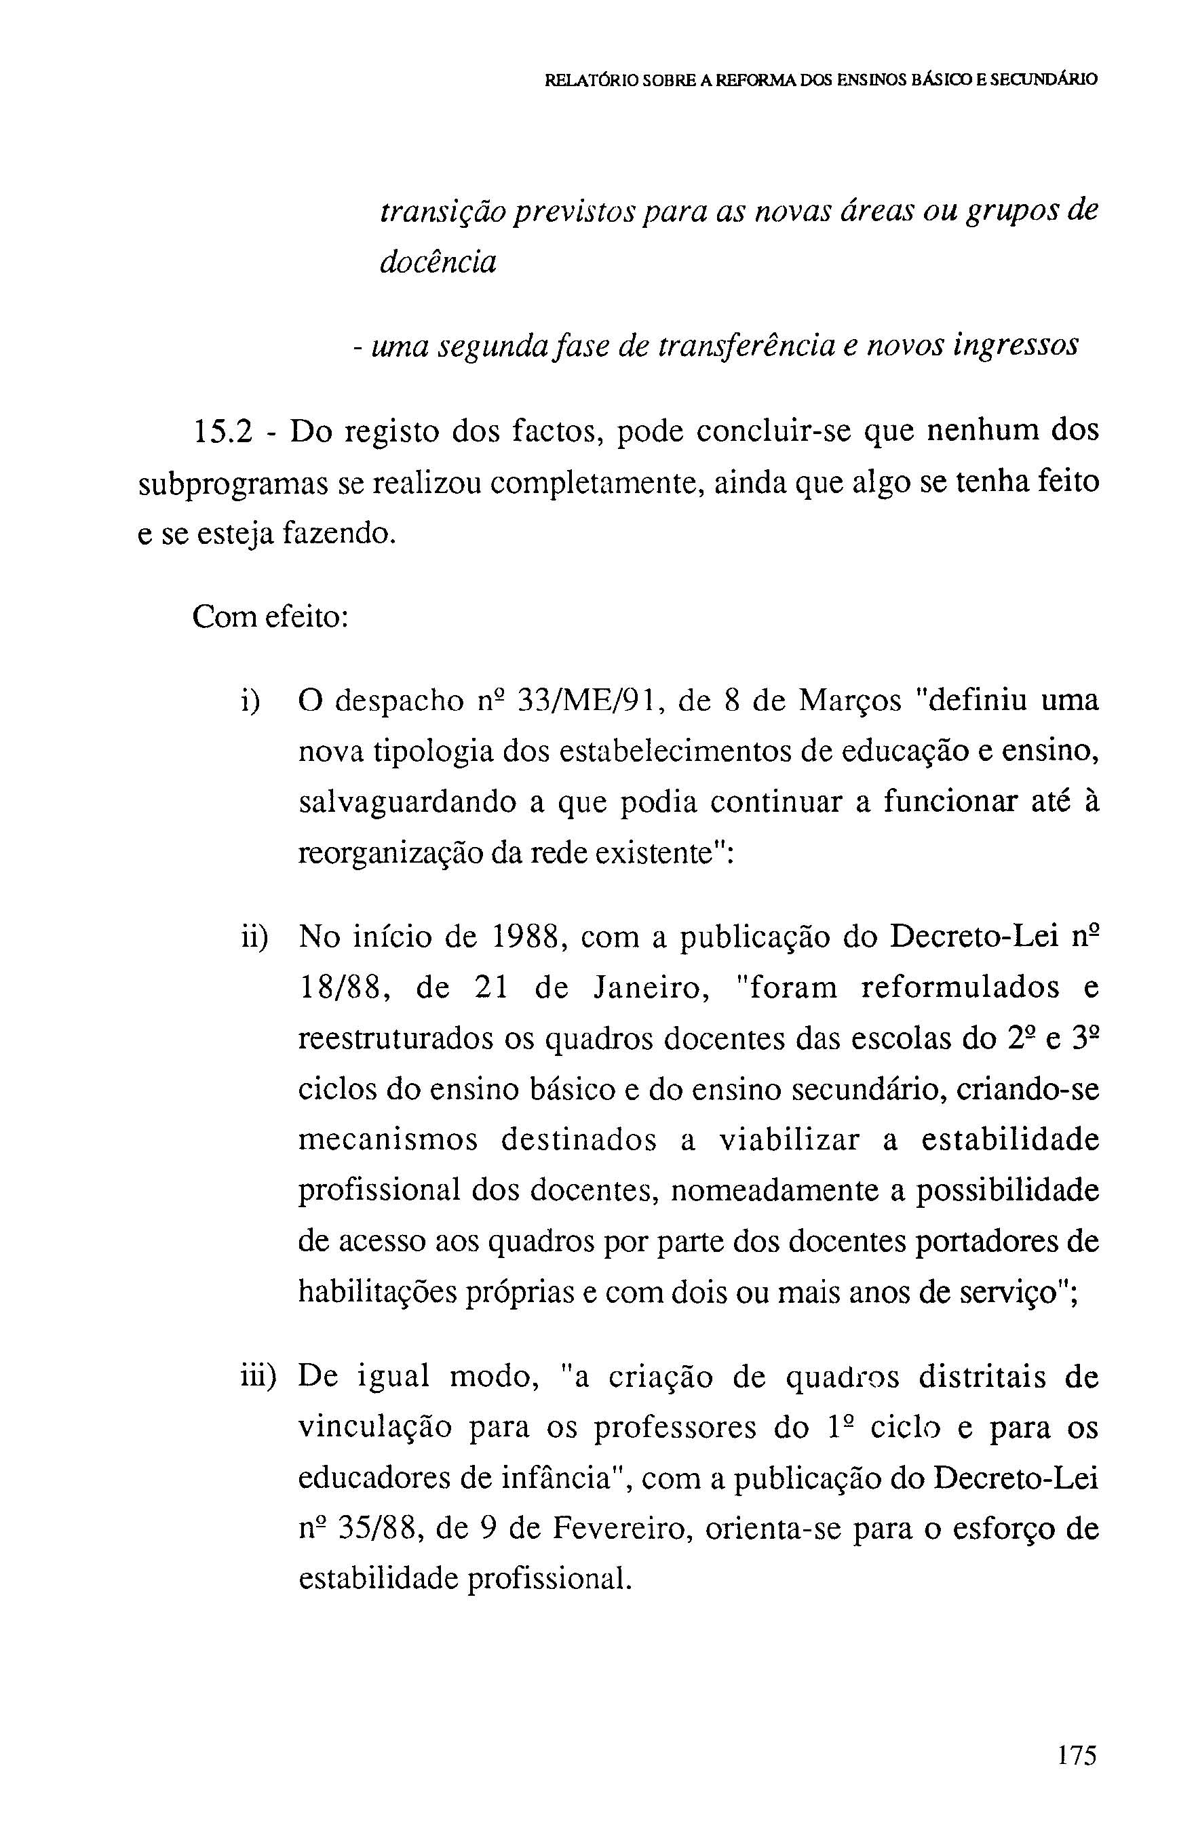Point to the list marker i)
250,701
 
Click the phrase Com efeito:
271,616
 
